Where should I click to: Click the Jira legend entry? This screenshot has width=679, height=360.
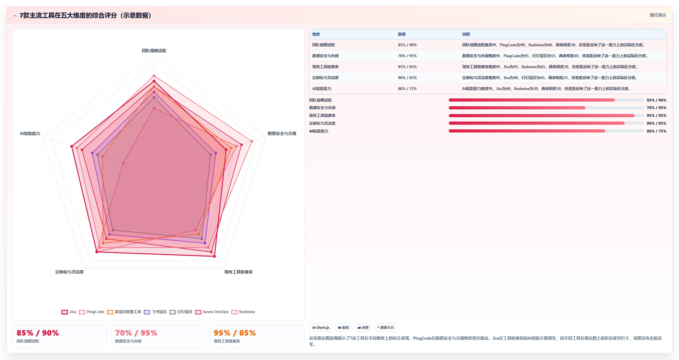(69, 312)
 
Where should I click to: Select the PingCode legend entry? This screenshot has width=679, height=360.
(92, 312)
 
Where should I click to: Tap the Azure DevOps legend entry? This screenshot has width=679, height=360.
(212, 312)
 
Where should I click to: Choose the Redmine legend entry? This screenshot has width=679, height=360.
(243, 312)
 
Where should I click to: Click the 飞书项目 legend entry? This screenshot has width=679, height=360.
(155, 312)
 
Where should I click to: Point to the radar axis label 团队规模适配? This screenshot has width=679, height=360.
(154, 51)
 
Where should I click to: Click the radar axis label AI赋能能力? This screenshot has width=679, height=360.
(30, 133)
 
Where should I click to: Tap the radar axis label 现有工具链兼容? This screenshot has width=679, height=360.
(238, 272)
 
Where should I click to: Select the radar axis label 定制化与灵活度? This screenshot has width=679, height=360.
(69, 272)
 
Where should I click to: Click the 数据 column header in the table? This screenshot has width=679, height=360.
(402, 34)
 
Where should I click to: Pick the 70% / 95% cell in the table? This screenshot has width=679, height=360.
(407, 56)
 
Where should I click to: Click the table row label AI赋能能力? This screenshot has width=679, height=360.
(322, 89)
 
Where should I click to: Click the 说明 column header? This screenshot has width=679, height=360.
(466, 34)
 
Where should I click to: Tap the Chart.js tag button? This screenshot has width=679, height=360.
(321, 327)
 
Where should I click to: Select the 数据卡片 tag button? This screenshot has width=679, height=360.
(386, 327)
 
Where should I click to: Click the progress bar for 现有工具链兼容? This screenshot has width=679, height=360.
(546, 116)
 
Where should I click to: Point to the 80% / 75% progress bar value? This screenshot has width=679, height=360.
(657, 131)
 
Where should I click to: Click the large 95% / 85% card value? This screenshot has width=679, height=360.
(235, 333)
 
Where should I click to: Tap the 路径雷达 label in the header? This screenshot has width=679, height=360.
(658, 15)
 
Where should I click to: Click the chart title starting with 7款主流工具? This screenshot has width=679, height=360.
(85, 15)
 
